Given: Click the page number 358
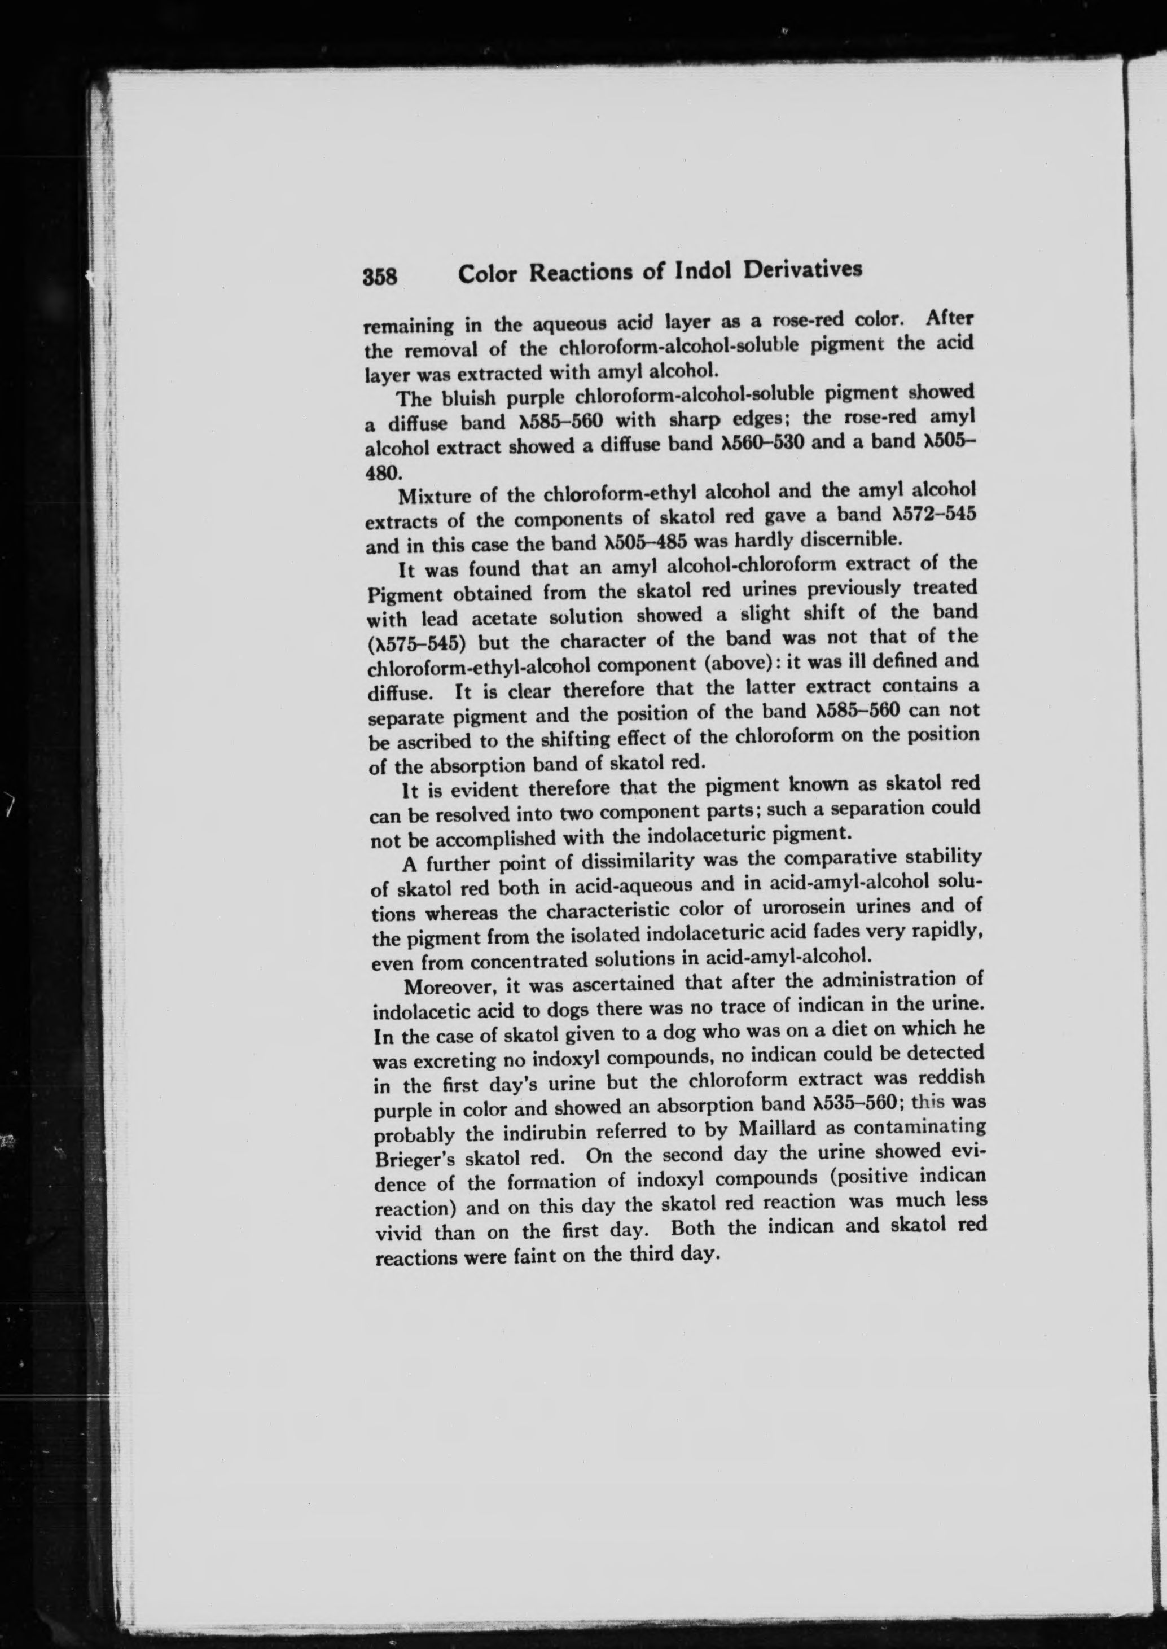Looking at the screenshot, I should (x=380, y=276).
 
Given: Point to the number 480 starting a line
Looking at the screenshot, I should (x=381, y=473).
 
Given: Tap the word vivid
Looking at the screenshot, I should (x=399, y=1233).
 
